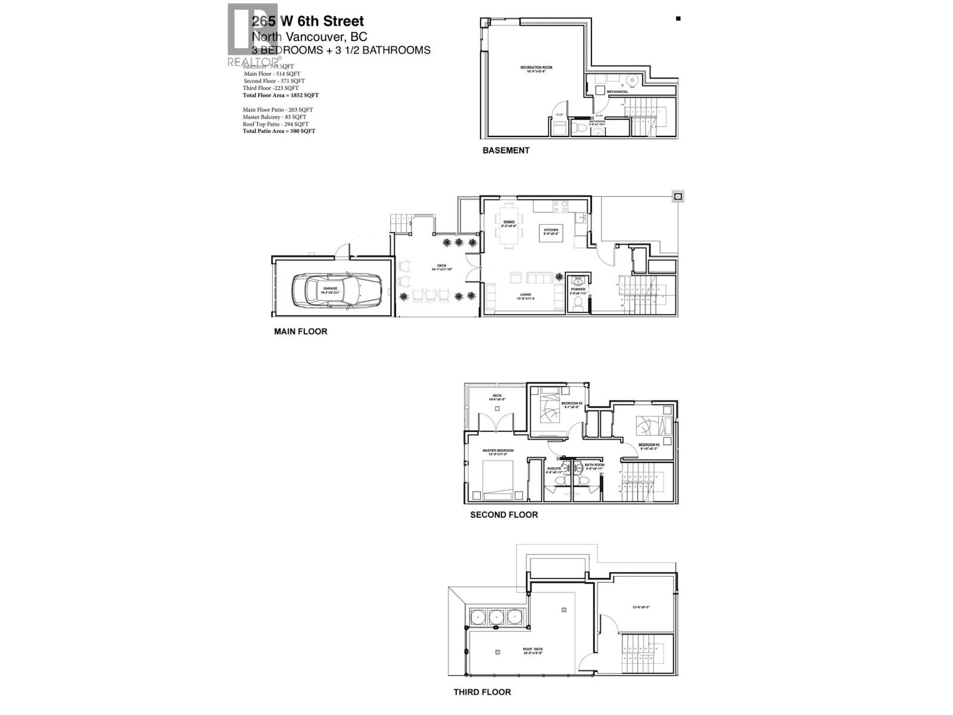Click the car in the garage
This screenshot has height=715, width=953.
336,289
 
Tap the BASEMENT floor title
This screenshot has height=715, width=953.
506,150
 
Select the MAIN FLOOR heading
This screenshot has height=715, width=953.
300,331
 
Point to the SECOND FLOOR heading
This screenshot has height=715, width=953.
504,514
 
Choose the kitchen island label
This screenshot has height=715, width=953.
550,232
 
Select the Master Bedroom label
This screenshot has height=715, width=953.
499,452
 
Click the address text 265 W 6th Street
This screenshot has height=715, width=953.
308,22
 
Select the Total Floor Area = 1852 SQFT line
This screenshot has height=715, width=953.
281,95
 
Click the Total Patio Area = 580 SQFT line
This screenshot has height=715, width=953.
279,131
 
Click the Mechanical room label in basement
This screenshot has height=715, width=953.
617,92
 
